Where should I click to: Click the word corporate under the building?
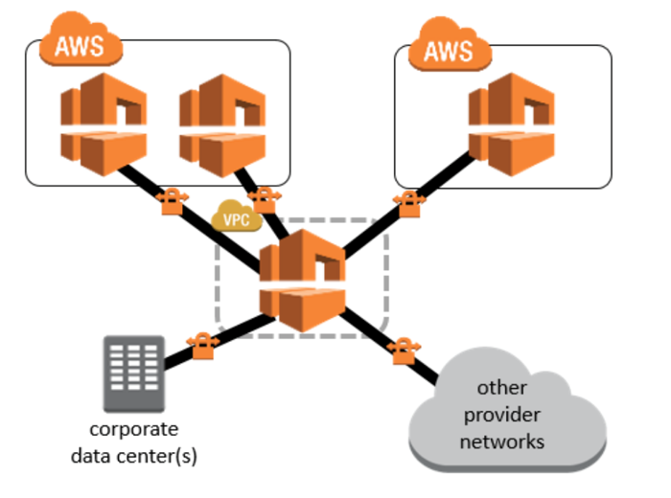pos(133,429)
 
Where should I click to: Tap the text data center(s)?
pos(133,455)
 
